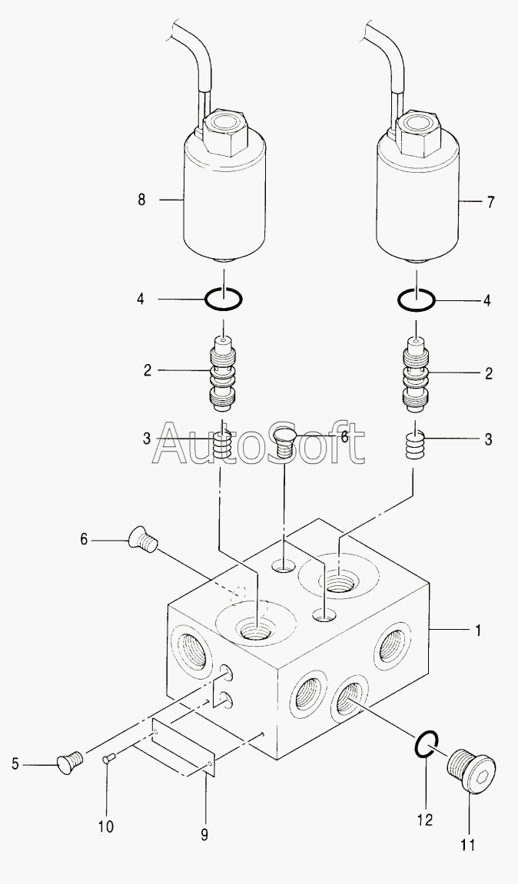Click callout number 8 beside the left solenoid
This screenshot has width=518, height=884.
click(x=141, y=200)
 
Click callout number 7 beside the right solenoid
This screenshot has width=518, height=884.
click(x=490, y=202)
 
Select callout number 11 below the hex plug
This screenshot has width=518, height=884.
click(x=468, y=846)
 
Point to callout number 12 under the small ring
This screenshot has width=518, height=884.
click(x=424, y=819)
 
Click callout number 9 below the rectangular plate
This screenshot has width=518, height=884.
click(x=204, y=835)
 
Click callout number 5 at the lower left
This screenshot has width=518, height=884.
click(x=15, y=763)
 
